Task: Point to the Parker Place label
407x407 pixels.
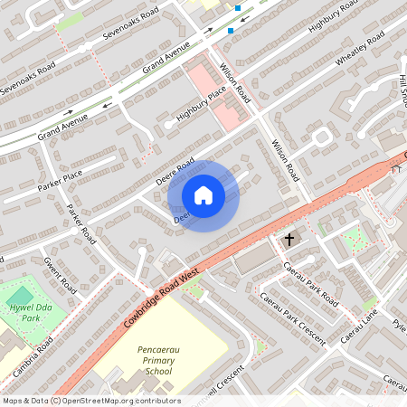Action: click(x=61, y=180)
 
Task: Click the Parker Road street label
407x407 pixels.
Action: click(x=81, y=223)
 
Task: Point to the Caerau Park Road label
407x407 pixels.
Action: click(x=309, y=282)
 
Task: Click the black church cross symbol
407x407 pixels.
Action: click(x=289, y=240)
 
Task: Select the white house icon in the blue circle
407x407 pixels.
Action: click(x=203, y=194)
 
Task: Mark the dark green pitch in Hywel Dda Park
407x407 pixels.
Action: click(x=20, y=295)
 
